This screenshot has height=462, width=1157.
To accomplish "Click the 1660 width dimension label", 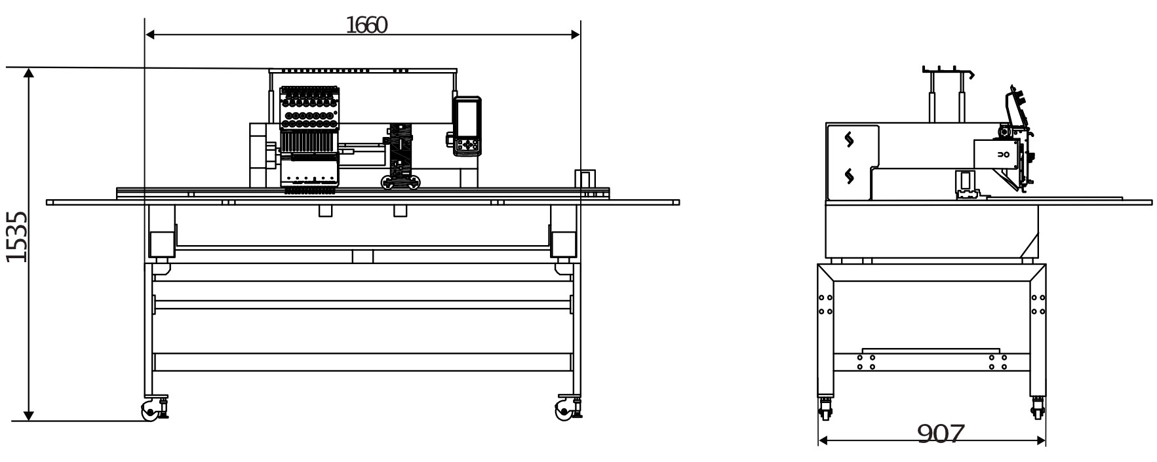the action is coord(366,26).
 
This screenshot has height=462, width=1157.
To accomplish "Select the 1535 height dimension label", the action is coord(16,237).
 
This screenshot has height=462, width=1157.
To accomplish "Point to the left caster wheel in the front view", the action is coord(149,412).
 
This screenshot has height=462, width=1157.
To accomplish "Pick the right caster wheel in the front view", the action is coord(562,412).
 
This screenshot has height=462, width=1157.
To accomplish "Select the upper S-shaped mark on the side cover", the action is coord(850,140).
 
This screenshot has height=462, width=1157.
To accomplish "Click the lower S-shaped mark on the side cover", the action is coord(850,175).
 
